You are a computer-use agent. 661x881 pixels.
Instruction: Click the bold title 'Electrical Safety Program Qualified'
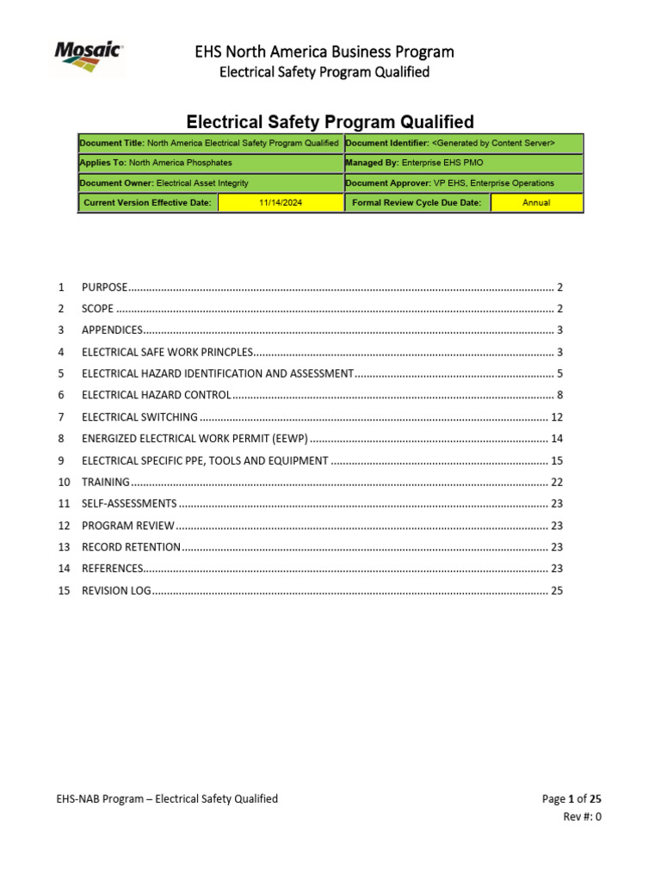coord(330,122)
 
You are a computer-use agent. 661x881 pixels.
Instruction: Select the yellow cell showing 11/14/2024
coord(280,203)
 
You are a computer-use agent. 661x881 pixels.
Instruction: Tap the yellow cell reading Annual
coord(536,203)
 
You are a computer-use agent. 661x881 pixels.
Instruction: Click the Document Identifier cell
coord(463,143)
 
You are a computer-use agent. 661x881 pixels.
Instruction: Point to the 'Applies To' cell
coord(210,163)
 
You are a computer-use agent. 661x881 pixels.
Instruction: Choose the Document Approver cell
coord(463,183)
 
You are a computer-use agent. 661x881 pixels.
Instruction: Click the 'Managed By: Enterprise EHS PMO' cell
coord(463,163)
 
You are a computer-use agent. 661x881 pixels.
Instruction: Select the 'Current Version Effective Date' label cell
coord(147,203)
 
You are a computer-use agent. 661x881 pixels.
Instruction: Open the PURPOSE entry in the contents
coord(104,287)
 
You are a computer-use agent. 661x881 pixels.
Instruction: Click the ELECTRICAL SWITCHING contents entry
coord(139,417)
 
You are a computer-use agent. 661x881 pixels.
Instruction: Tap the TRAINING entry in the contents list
coord(106,483)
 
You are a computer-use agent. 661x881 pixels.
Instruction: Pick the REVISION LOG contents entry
coord(116,591)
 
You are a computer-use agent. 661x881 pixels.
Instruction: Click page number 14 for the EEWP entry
coord(556,439)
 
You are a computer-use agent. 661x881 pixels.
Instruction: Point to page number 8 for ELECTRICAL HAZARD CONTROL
coord(559,396)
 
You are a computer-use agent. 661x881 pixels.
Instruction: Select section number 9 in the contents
coord(61,461)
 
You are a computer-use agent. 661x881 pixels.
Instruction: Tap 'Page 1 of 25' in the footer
coord(571,799)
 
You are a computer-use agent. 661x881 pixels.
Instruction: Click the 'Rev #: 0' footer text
coord(582,817)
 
